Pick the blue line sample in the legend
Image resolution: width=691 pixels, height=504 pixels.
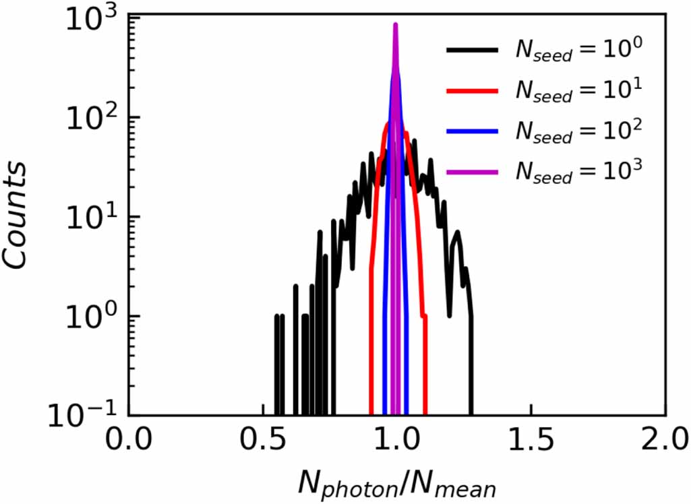(x=471, y=131)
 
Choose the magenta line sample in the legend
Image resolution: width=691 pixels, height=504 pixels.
(x=471, y=172)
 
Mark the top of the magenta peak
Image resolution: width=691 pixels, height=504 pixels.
(x=396, y=26)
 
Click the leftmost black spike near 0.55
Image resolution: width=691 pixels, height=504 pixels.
(x=276, y=317)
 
